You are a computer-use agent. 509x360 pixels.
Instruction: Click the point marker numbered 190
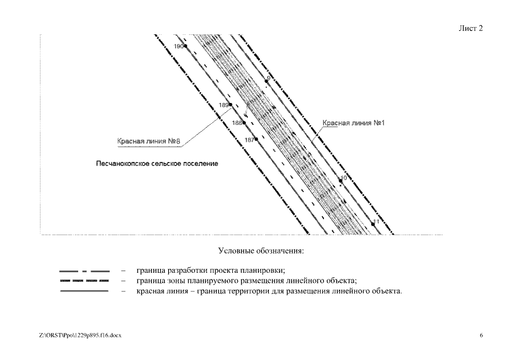[185, 46]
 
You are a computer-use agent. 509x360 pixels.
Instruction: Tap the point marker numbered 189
[231, 105]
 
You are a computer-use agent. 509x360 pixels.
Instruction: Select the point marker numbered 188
[244, 122]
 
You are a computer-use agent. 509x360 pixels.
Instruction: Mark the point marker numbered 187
[256, 139]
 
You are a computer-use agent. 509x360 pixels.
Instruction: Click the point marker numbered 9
[267, 82]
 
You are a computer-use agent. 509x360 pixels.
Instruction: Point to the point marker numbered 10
[339, 182]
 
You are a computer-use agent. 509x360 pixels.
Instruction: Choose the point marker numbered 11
[372, 224]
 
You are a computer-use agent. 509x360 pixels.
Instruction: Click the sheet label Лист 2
[471, 28]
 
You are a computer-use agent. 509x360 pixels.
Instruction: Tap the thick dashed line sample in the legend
[84, 280]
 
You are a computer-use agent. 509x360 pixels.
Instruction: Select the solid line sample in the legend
[84, 291]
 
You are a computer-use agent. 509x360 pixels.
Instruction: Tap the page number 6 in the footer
[481, 335]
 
